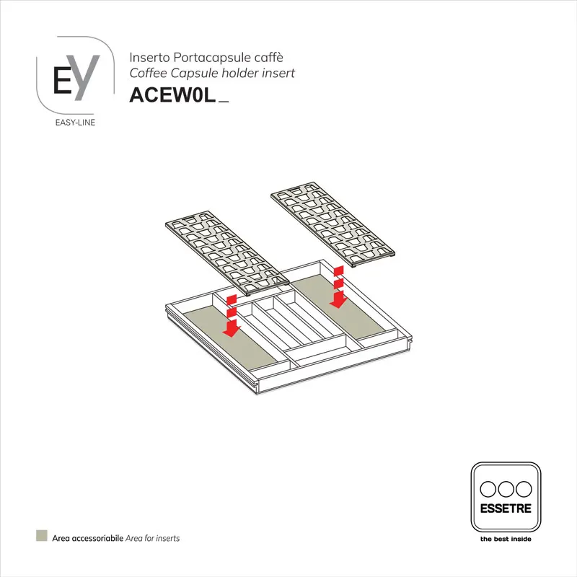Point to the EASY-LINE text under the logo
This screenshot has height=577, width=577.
75,122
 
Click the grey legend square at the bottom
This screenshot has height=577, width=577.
43,537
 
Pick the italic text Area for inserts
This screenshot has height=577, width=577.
152,538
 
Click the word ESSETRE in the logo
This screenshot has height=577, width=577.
505,508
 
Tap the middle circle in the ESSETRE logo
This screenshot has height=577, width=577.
505,488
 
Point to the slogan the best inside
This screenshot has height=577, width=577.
505,538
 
